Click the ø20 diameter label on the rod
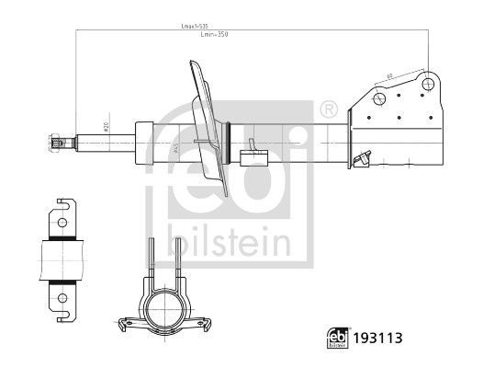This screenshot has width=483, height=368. point(107,130)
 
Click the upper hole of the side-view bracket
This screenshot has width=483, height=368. point(61,222)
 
